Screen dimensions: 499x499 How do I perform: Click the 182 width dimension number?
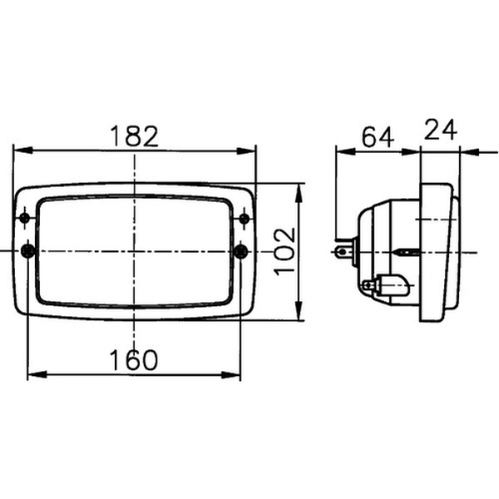tap(134, 136)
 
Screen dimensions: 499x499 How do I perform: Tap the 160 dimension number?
tap(133, 360)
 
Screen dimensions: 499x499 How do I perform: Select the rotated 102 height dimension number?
tap(284, 252)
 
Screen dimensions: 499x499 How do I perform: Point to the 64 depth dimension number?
tap(378, 137)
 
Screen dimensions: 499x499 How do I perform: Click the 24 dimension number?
tap(441, 130)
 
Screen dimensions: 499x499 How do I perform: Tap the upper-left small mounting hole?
tap(24, 218)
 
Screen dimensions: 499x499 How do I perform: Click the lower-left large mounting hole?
tap(28, 251)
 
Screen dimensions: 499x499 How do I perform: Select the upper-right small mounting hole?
tap(245, 219)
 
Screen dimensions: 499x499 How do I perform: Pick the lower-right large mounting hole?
tap(241, 252)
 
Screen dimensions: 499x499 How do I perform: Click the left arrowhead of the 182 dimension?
tap(23, 151)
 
